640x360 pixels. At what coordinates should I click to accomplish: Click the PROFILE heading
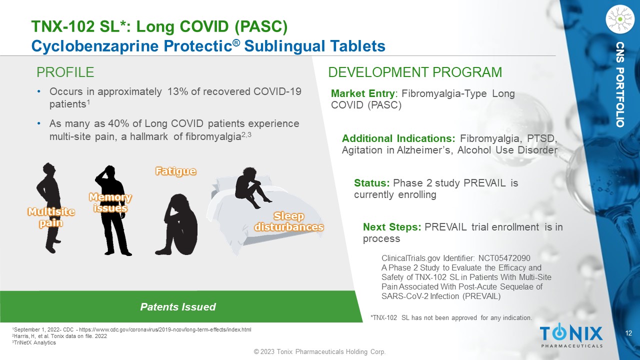65,72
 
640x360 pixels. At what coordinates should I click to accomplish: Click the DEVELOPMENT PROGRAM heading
415,72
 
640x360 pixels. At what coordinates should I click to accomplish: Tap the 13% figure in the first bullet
177,91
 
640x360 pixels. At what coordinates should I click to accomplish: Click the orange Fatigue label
175,171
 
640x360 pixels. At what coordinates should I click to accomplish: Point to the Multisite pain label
51,217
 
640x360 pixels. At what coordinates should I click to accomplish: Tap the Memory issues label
110,202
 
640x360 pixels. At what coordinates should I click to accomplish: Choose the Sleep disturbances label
289,221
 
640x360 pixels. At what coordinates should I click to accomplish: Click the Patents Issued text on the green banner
178,307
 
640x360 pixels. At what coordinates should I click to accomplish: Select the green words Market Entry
362,93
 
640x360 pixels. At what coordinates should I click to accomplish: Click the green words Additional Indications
398,138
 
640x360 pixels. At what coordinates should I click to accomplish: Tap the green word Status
371,183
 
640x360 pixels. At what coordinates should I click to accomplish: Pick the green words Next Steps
391,227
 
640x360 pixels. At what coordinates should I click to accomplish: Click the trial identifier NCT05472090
504,258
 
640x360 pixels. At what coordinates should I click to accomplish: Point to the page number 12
628,333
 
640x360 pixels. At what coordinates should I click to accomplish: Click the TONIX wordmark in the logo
571,333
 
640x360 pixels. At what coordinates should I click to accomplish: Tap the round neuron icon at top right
620,19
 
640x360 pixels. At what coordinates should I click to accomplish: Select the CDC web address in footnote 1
165,329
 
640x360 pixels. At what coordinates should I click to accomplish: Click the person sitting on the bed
251,187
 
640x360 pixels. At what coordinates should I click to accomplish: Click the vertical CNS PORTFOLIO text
619,84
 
